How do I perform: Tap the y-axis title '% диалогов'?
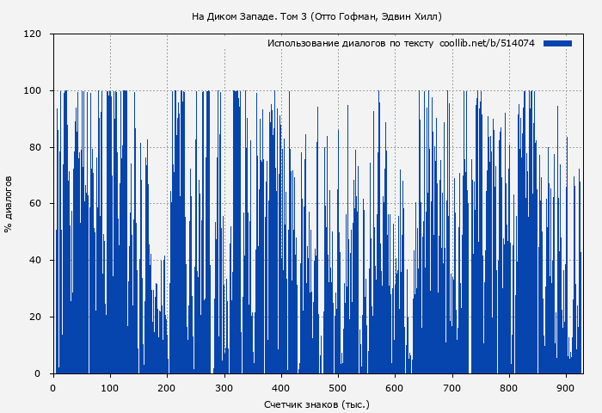9,204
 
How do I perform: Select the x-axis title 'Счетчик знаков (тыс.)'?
316,404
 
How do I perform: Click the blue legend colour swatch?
557,43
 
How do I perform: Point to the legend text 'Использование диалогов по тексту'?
350,43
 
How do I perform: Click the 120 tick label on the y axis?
33,34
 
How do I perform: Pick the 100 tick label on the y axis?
33,90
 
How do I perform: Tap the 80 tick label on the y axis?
35,147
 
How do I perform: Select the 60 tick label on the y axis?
35,204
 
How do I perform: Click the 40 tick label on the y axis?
35,260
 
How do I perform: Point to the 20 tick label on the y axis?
35,317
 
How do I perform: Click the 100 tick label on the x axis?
110,387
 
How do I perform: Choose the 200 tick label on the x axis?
167,387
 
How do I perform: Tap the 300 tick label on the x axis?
224,387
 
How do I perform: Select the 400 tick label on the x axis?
281,387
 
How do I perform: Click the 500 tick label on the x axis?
338,387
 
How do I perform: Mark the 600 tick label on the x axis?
396,387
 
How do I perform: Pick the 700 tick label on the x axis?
452,387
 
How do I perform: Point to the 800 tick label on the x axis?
509,387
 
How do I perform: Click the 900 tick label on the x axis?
567,387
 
